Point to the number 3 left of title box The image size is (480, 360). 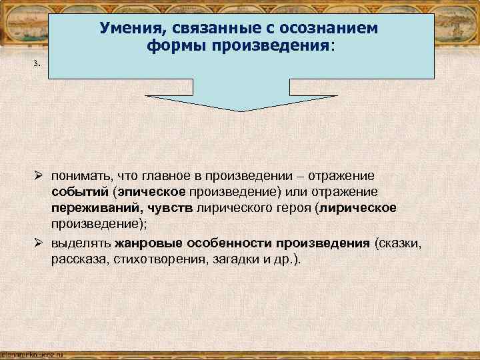click(x=39, y=65)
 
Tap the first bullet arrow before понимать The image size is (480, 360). click(x=40, y=175)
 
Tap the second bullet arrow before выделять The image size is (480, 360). click(x=40, y=242)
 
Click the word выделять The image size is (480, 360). click(x=81, y=242)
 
